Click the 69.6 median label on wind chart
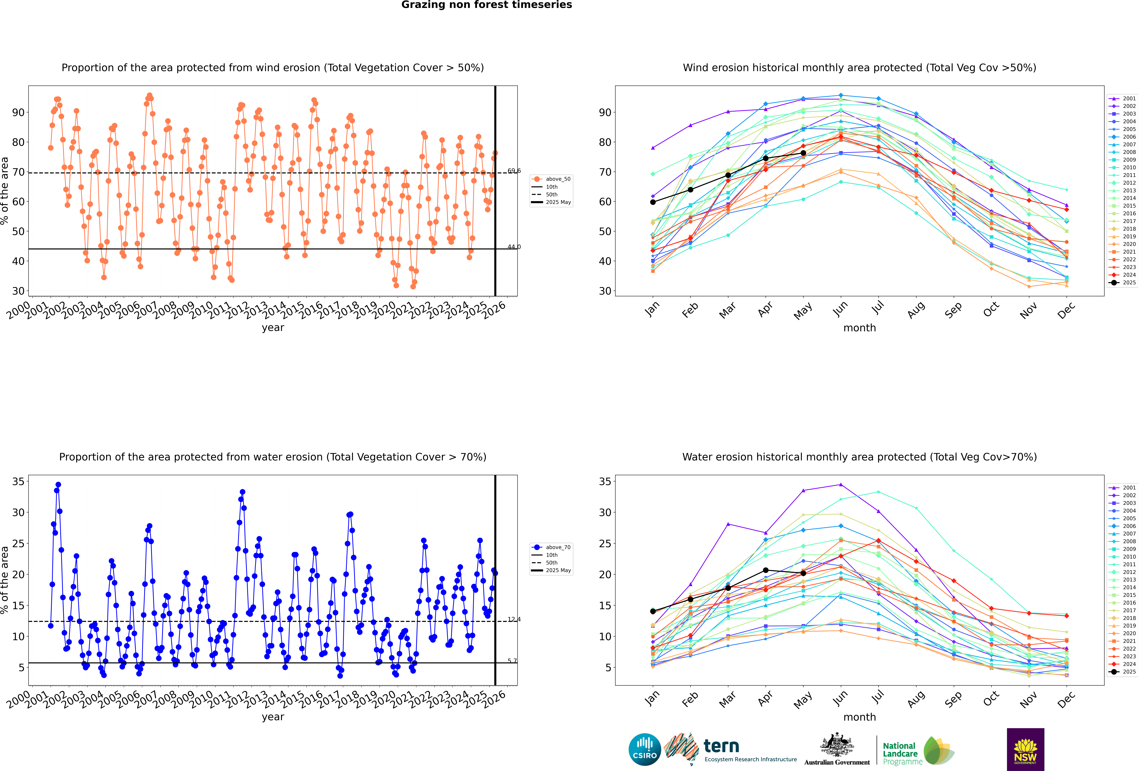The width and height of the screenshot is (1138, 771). [x=514, y=171]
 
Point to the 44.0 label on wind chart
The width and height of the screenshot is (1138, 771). [x=514, y=247]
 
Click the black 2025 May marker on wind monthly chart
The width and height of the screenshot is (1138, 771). [x=803, y=153]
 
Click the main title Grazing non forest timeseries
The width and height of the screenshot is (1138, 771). [x=486, y=5]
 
